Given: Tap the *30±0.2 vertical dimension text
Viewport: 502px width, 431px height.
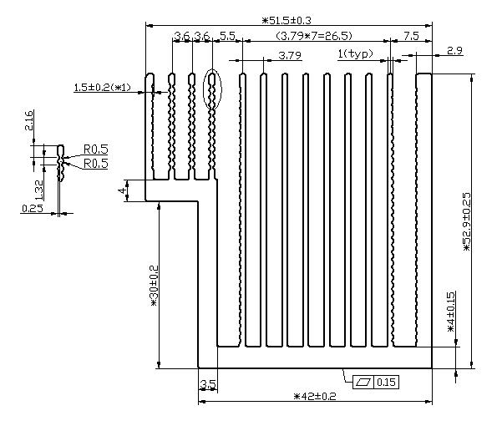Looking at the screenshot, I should (x=154, y=287).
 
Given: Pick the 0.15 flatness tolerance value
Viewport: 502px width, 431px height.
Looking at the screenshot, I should (x=386, y=382).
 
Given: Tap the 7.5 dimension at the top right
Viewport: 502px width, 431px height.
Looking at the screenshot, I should (x=410, y=36).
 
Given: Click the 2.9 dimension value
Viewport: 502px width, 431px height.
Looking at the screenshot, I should (x=455, y=52).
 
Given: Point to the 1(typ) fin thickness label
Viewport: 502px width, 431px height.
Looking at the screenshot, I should (x=355, y=54).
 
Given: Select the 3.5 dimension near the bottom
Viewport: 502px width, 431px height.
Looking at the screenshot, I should (x=208, y=385).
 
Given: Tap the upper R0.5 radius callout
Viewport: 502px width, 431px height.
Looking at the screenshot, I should (x=95, y=150).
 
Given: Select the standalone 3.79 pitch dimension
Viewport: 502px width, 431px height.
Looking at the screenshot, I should (x=289, y=55).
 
